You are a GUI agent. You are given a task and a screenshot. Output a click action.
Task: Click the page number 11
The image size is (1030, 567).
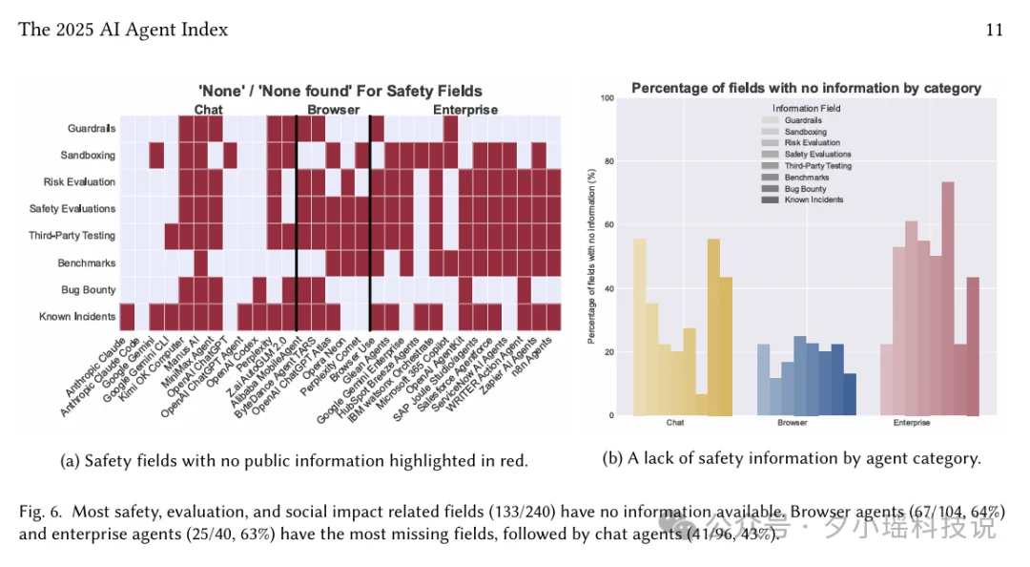click(994, 30)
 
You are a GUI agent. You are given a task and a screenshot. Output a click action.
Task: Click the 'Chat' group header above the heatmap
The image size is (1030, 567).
click(209, 110)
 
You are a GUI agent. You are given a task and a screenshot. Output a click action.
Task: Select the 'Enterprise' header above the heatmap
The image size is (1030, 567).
click(465, 110)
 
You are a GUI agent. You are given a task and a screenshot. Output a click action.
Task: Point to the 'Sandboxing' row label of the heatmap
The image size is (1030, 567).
click(88, 155)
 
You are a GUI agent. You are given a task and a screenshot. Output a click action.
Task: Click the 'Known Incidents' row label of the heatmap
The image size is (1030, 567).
click(77, 316)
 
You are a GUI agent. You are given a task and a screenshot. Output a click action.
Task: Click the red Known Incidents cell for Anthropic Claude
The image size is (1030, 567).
click(128, 316)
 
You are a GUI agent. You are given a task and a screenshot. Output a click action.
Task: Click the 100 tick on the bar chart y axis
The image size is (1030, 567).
click(607, 98)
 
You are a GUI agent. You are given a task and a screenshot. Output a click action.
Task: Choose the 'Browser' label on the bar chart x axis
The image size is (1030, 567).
click(793, 422)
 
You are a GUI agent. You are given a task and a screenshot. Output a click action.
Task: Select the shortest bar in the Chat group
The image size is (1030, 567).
click(701, 405)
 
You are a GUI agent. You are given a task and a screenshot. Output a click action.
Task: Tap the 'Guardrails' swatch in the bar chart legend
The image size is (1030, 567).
click(770, 121)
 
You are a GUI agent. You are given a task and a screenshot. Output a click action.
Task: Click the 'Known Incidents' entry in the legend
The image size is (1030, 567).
click(811, 199)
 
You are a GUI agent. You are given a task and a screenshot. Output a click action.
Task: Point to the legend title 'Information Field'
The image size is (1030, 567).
click(807, 109)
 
